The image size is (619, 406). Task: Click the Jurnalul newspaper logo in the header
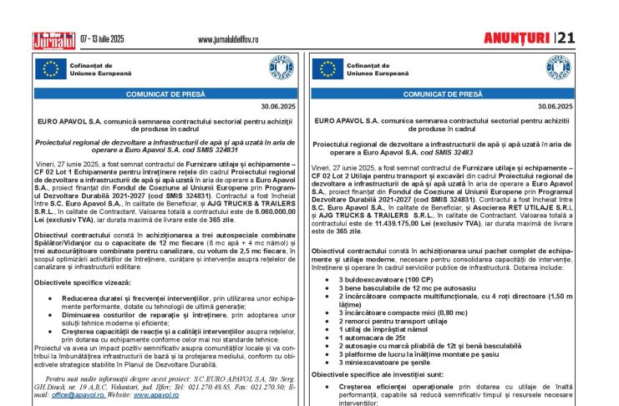(x=53, y=39)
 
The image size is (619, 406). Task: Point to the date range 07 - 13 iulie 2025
(x=114, y=39)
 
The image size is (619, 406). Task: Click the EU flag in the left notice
(x=51, y=69)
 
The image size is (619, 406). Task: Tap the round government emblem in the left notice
(x=282, y=69)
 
